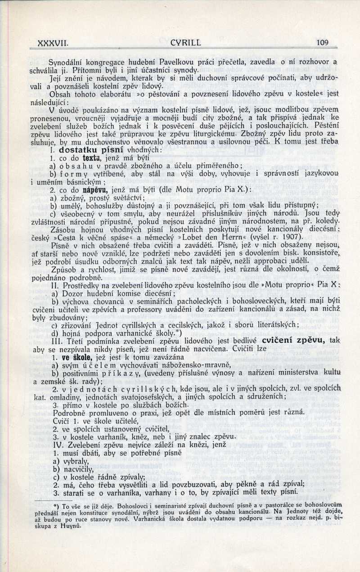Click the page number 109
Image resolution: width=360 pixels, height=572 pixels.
pyautogui.click(x=323, y=43)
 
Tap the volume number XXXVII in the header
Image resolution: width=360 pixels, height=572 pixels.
pyautogui.click(x=53, y=43)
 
